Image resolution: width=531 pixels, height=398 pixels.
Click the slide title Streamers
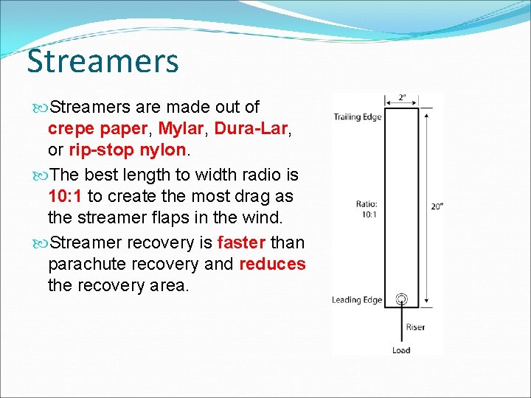103,60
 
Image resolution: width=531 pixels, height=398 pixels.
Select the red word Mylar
181,129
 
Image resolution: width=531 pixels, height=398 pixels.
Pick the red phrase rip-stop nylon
128,150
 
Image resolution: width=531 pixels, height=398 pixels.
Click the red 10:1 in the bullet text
65,196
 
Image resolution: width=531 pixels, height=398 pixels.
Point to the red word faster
241,242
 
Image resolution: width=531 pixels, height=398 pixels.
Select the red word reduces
272,264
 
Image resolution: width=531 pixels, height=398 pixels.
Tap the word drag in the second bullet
231,196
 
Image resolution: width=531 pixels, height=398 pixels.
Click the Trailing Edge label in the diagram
357,117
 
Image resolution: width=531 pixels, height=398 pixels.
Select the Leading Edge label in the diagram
357,300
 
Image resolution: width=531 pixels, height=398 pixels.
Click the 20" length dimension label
437,207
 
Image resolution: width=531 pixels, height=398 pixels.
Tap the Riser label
415,327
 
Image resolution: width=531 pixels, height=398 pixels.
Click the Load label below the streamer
401,350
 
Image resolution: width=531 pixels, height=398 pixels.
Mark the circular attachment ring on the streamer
401,299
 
